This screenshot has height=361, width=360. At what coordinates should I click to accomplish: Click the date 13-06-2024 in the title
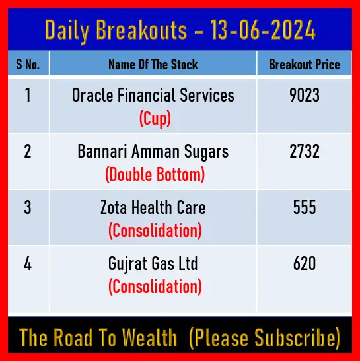(262, 30)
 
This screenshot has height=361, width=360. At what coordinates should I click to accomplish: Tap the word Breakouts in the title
(141, 30)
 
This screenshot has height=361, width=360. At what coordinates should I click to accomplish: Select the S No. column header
(28, 64)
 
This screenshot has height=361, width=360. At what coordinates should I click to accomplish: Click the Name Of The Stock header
(153, 64)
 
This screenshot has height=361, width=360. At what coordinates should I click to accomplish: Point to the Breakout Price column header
(305, 64)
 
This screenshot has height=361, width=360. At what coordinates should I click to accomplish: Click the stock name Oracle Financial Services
(153, 95)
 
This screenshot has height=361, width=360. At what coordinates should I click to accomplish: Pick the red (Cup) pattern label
(155, 118)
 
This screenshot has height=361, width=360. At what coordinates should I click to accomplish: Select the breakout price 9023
(305, 95)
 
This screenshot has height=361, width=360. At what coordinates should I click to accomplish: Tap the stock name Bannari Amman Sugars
(153, 152)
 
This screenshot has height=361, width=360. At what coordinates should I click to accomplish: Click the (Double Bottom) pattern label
(155, 174)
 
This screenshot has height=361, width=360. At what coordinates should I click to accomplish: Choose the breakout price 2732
(305, 151)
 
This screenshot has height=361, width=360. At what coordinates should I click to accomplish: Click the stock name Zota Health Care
(153, 207)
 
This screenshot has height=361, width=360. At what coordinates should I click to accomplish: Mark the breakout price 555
(305, 207)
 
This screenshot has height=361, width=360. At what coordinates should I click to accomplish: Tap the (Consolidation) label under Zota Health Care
(155, 231)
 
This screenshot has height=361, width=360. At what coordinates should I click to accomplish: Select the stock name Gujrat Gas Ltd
(153, 264)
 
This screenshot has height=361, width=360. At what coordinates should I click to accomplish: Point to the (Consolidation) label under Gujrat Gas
(155, 287)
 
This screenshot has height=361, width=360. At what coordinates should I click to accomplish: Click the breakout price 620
(305, 263)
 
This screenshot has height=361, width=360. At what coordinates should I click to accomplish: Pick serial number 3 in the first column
(28, 207)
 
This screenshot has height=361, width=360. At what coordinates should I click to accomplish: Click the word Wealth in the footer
(149, 337)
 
